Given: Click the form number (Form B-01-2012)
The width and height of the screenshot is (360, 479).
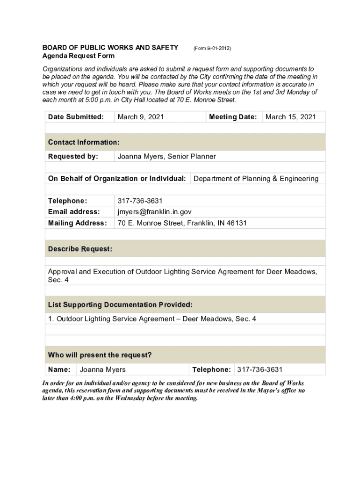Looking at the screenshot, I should pyautogui.click(x=212, y=48).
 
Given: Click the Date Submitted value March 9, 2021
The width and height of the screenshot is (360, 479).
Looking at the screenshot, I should pyautogui.click(x=140, y=117).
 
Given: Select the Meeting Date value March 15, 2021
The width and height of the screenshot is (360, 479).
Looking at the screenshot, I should pyautogui.click(x=290, y=117).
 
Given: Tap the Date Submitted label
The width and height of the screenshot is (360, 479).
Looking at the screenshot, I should pyautogui.click(x=76, y=117).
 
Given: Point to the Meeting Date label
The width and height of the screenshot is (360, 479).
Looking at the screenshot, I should pyautogui.click(x=233, y=117).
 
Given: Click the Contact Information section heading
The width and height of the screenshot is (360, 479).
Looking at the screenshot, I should pyautogui.click(x=84, y=142).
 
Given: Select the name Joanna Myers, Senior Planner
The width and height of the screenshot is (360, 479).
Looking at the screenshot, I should pyautogui.click(x=166, y=156).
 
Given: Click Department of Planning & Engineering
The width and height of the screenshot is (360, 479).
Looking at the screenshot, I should pyautogui.click(x=256, y=178).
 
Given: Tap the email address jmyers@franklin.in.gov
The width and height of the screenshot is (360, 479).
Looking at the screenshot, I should pyautogui.click(x=154, y=212).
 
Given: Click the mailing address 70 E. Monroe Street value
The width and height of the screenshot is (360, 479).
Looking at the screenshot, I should pyautogui.click(x=182, y=223).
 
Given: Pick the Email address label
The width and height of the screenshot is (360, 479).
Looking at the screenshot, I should pyautogui.click(x=74, y=212).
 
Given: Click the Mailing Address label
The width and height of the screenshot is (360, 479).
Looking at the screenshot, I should pyautogui.click(x=77, y=223).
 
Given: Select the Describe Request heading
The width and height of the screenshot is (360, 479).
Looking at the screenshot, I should pyautogui.click(x=80, y=249).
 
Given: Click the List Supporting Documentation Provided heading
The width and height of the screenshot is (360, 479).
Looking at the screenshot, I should pyautogui.click(x=120, y=305).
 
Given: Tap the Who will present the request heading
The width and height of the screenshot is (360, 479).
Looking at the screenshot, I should pyautogui.click(x=100, y=355).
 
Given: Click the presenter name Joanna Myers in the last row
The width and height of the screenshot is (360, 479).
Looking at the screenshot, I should pyautogui.click(x=102, y=370).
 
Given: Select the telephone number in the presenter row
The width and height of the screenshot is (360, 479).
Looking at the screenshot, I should pyautogui.click(x=259, y=370).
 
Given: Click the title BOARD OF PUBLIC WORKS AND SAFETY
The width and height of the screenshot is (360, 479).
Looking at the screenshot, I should pyautogui.click(x=110, y=47).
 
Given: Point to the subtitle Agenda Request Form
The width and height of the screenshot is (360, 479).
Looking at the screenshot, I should pyautogui.click(x=78, y=56).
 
